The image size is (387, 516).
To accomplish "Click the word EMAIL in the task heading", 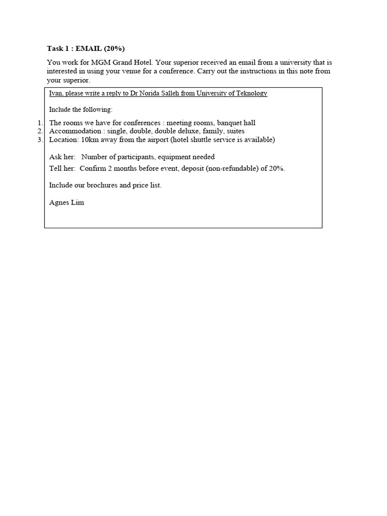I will [89, 48].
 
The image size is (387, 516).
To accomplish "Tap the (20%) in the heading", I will [114, 48].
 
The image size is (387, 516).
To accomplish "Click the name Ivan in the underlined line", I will [55, 93].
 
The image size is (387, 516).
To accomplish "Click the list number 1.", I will [40, 123].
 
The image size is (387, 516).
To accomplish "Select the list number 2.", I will [40, 131].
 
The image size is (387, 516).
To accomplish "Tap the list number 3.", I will [40, 140].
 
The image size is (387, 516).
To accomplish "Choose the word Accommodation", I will [75, 131].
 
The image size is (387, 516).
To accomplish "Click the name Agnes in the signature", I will [59, 203].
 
